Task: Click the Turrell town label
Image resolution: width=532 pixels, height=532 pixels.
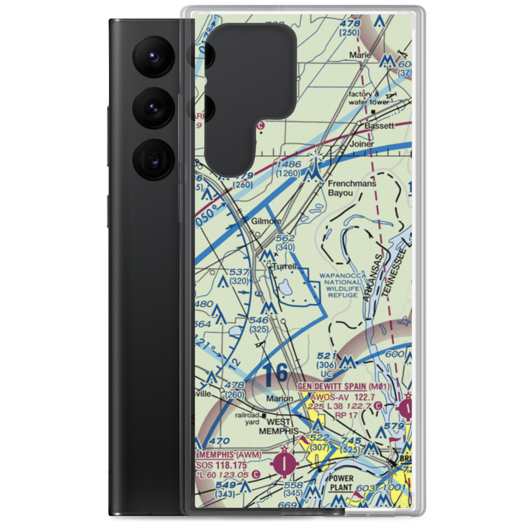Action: tap(285, 266)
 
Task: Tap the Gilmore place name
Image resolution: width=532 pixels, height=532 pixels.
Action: tap(267, 221)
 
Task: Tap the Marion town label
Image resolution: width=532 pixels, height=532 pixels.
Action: tap(280, 398)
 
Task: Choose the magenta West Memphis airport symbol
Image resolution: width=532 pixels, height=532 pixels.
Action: tap(286, 462)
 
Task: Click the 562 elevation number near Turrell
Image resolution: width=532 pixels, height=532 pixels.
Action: tap(286, 239)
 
